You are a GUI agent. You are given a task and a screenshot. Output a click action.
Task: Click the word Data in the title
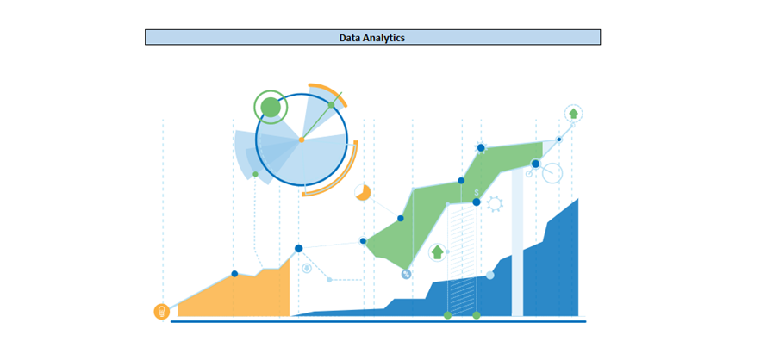(x=348, y=37)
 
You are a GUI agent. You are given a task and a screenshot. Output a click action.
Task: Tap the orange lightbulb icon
(x=161, y=311)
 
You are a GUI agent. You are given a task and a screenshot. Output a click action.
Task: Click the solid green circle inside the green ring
(x=270, y=107)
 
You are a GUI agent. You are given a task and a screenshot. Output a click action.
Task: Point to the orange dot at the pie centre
(x=302, y=140)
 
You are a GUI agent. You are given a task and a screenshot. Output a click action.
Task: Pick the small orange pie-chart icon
(x=363, y=193)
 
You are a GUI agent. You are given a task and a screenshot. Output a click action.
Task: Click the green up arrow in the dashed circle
(x=573, y=114)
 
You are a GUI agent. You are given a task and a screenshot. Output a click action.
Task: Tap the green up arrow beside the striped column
(x=437, y=252)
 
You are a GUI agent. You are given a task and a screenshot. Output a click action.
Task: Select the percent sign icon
(x=406, y=275)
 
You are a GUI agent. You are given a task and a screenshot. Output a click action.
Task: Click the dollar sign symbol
(x=477, y=193)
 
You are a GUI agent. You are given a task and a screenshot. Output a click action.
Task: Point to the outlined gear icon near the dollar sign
(x=495, y=203)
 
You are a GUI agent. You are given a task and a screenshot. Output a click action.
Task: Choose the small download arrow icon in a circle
(x=307, y=269)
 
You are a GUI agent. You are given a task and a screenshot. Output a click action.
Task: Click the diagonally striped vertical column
(x=462, y=259)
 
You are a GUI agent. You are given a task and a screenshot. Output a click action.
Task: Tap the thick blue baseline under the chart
(x=378, y=321)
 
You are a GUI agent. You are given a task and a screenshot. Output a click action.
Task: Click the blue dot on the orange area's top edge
(x=234, y=274)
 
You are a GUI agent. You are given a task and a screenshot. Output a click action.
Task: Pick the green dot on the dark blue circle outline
(x=331, y=105)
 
